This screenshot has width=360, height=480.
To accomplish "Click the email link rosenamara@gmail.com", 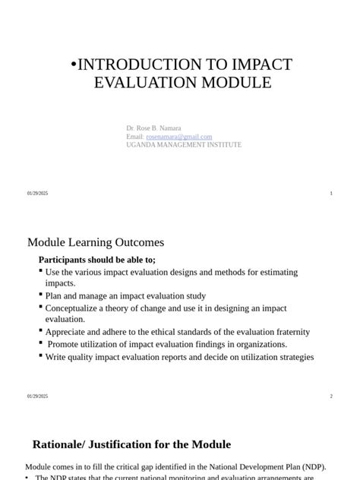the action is [x=179, y=137].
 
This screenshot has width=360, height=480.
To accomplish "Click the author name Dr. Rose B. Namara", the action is [x=153, y=128].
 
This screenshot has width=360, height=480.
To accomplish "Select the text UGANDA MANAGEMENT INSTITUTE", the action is [x=184, y=144].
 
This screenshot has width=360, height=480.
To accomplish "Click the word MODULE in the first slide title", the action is [x=234, y=83].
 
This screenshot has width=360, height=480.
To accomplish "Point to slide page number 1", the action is [x=331, y=194].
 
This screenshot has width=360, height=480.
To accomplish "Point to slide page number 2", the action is [x=331, y=396].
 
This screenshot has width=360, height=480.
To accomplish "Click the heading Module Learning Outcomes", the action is [x=96, y=243].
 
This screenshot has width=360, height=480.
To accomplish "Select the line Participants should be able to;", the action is [x=96, y=260].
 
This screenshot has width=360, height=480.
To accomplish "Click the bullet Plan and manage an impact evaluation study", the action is [x=125, y=295].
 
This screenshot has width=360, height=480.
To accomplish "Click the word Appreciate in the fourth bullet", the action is [x=67, y=332].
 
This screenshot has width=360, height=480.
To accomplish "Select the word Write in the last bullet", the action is [x=56, y=357].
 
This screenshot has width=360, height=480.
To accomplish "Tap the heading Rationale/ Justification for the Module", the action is [x=131, y=444].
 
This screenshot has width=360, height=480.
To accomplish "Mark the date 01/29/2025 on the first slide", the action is [x=37, y=194].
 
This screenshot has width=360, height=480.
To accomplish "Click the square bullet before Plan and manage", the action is [x=41, y=294].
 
